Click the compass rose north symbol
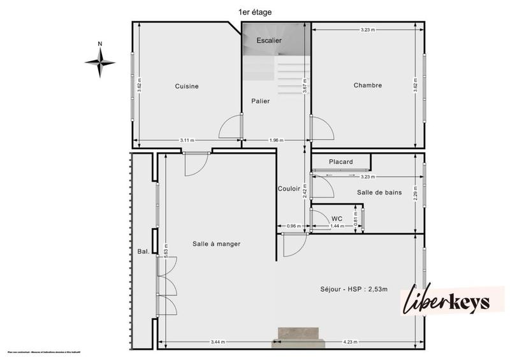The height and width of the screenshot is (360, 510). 100,62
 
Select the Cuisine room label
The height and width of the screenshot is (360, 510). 187,86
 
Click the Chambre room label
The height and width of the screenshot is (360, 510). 367,85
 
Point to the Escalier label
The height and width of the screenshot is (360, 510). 269,41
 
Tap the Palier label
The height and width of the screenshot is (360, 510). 260,101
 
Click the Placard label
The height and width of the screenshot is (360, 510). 340,162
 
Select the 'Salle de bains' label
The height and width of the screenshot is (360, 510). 379,192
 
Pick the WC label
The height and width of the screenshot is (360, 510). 337,219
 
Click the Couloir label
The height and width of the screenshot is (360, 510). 289,189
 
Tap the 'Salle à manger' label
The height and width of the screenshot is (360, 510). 216,243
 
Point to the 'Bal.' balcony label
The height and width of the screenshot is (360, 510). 143,251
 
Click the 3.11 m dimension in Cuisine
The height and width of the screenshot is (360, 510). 187,140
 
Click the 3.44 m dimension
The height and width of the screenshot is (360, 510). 218,342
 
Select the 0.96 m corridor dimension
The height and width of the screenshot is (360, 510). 293,226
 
